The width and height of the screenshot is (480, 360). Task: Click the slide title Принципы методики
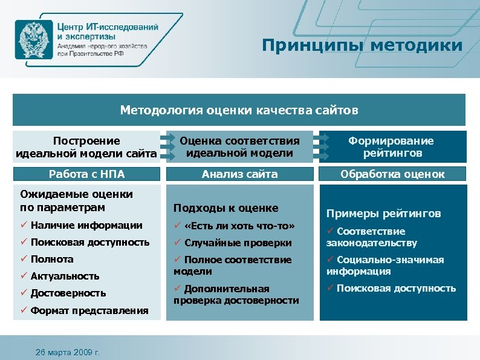(362, 45)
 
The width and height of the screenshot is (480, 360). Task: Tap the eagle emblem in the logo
(34, 38)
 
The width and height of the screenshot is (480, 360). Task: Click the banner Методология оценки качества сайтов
(239, 110)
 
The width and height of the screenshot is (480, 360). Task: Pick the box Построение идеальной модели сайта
(86, 147)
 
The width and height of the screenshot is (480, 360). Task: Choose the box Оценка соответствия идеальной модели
(239, 147)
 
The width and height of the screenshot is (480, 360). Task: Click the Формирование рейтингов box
(392, 147)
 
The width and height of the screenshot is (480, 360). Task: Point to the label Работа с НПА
(86, 174)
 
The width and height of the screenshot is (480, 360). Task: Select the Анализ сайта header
(239, 174)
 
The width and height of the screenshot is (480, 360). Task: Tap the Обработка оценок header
(392, 174)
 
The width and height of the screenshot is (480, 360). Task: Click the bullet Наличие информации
(81, 225)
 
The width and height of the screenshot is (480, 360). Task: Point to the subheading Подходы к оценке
(225, 208)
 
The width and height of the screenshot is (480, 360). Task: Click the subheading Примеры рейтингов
(383, 214)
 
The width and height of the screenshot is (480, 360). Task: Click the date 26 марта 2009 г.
(67, 352)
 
